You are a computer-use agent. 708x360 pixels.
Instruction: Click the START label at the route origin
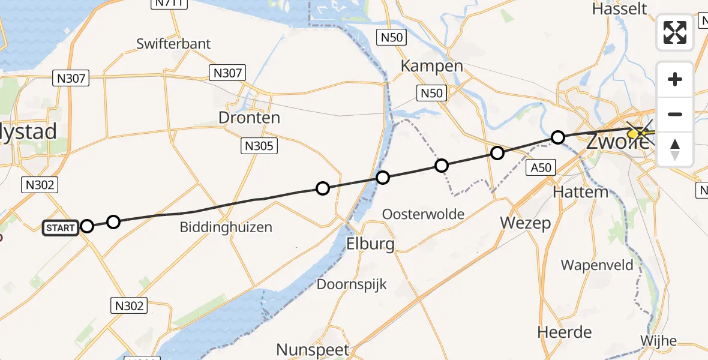[61, 227]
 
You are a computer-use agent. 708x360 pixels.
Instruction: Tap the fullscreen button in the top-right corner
[675, 32]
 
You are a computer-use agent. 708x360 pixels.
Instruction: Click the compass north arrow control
[675, 149]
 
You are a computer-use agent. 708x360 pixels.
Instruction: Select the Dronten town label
[249, 118]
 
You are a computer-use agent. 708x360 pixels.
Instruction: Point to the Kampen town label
[431, 66]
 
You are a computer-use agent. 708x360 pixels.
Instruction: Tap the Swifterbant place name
[173, 44]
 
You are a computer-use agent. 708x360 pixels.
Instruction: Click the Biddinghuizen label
[226, 227]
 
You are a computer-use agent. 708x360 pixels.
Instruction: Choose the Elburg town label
[370, 244]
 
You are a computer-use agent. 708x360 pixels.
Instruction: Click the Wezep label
[526, 223]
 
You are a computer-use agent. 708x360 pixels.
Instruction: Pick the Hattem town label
[581, 192]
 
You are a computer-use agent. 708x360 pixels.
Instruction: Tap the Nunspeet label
[312, 349]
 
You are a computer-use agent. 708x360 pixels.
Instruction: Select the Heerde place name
[564, 332]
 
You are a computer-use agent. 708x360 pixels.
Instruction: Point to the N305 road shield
[259, 145]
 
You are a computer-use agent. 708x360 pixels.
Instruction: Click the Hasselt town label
[619, 9]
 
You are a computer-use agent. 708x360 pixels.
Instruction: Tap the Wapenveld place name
[597, 265]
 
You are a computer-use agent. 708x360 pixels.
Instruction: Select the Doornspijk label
[352, 284]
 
